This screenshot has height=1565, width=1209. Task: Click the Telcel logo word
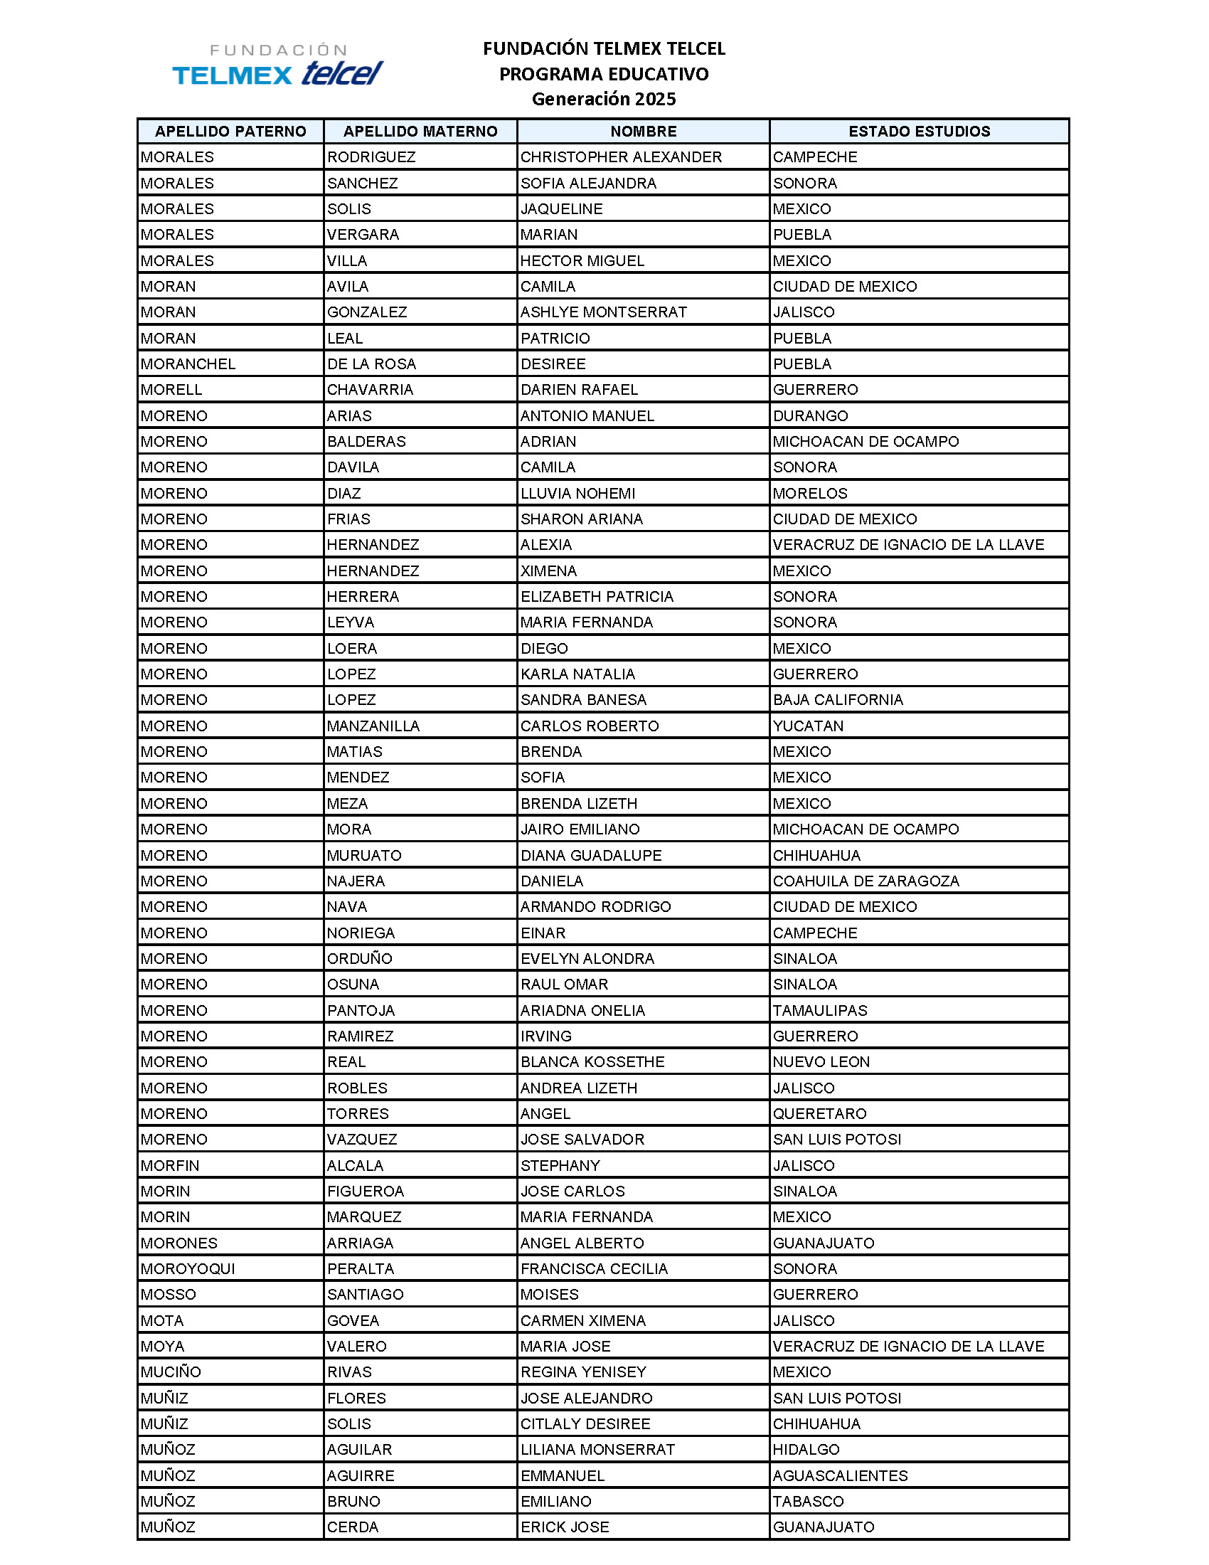coord(342,73)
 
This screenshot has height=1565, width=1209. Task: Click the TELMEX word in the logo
coord(232,75)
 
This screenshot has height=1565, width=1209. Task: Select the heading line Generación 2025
coord(604,99)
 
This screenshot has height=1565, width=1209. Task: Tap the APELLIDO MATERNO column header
coord(420,131)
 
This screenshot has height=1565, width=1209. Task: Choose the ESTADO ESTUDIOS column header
coord(919,131)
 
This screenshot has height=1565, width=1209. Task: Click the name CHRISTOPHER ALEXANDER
coord(621,157)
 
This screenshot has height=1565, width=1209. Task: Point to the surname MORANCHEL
coord(188,364)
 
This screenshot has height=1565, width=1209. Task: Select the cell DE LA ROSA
coord(371,364)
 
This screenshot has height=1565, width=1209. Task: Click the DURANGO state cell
coord(810,415)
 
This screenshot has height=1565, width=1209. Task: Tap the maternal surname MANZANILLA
coord(373,726)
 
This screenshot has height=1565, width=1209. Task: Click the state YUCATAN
coord(808,726)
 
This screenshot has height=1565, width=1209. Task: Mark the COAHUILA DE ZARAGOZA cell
coord(866,881)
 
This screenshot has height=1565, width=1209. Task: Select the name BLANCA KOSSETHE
coord(592,1061)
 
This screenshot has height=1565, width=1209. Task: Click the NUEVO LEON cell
coord(821,1061)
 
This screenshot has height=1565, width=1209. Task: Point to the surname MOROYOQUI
coord(188,1268)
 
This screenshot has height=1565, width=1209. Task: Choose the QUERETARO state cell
coord(819,1113)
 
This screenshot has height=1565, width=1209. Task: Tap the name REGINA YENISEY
coord(583,1372)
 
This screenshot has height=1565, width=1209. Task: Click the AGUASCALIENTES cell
coord(840,1475)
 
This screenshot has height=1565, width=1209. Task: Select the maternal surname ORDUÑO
coord(360,958)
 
